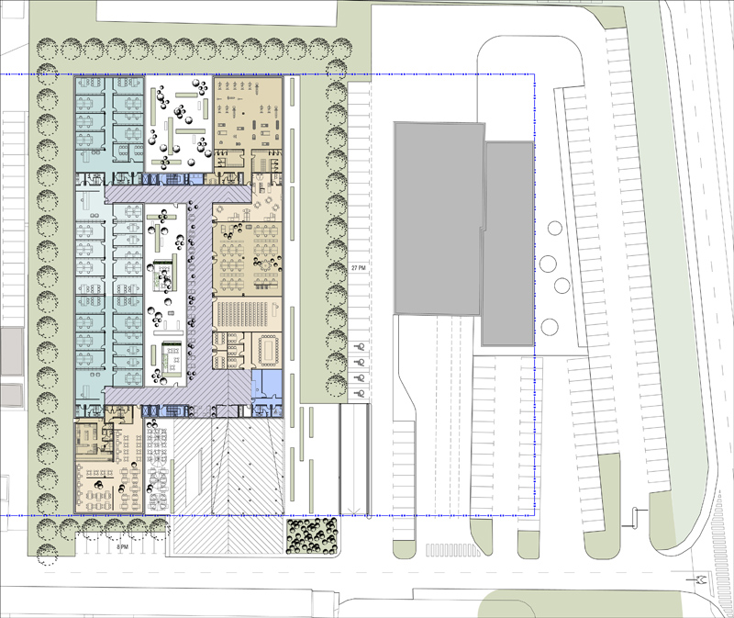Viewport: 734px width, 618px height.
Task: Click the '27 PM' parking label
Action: coord(358,267)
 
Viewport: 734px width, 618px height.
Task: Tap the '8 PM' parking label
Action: coord(122,546)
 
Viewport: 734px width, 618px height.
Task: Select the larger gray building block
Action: coord(439,219)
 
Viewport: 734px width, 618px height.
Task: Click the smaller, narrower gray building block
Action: coord(508,243)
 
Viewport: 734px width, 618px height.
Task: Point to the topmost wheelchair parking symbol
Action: coord(361,347)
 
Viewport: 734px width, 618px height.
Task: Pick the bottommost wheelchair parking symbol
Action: coord(361,393)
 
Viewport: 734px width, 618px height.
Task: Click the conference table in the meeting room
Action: coord(268,351)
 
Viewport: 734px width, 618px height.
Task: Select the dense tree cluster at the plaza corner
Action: coord(312,535)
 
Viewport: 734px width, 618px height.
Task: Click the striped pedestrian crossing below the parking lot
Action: coord(452,550)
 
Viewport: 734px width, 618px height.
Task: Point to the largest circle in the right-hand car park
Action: coord(548,264)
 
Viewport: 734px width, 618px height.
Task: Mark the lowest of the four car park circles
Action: coord(550,327)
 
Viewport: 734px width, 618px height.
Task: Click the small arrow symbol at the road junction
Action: coord(701,579)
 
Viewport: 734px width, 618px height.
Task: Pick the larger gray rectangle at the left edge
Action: coord(11,351)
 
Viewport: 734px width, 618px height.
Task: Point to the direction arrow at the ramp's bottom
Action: coord(355,511)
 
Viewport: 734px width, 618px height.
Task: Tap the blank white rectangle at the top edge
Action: coord(217,11)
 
